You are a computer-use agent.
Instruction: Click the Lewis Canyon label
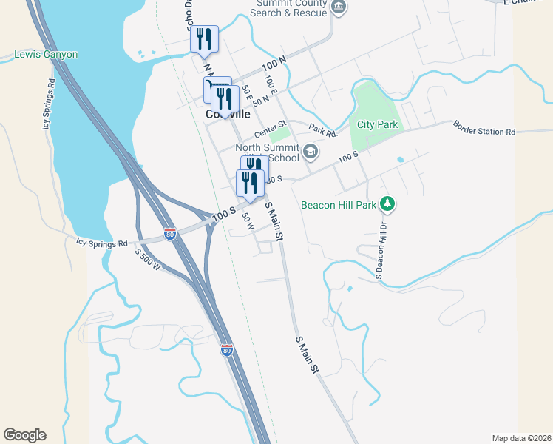tap(46, 55)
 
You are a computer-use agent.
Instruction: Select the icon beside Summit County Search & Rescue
tap(339, 7)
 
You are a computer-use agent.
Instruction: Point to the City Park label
tap(377, 124)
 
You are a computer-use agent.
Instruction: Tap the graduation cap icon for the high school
tap(311, 152)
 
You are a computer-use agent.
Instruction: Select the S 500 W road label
tap(148, 258)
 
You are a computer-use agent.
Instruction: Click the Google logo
tap(25, 435)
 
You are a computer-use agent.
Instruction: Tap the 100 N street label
tap(273, 64)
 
